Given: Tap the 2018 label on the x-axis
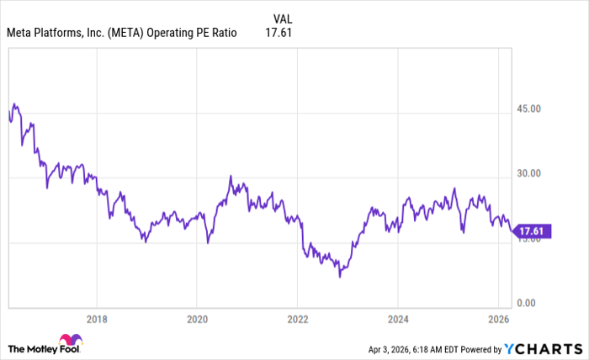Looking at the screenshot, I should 97,320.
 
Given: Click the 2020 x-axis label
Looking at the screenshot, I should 196,320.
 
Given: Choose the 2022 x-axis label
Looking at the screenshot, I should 298,320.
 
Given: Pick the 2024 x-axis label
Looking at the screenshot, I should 398,320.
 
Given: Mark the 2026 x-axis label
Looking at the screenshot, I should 498,320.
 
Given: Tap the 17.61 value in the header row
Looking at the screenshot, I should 279,34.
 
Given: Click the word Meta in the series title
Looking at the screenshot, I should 19,34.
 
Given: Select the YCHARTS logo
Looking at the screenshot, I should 542,347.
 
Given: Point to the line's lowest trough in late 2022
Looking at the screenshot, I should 340,276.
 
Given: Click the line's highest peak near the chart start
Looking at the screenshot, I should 14,104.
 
